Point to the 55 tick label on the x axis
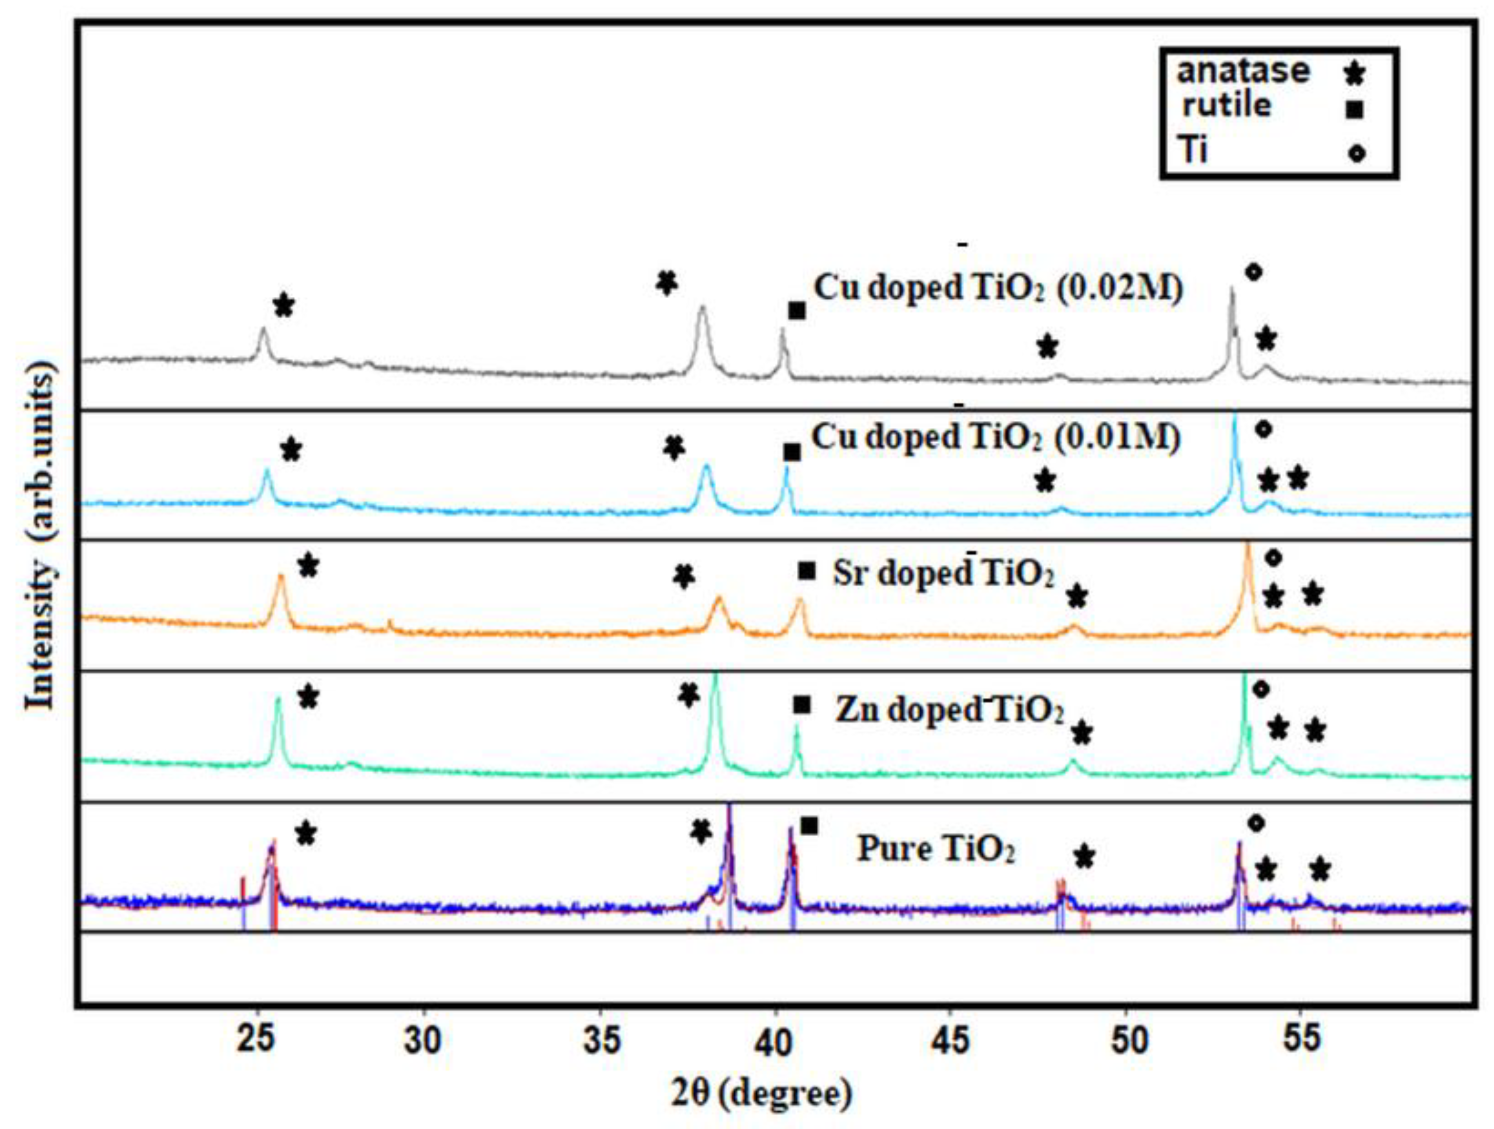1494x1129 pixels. coord(1301,1041)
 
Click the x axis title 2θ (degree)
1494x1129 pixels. coord(761,1094)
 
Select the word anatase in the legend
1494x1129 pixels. coord(1243,71)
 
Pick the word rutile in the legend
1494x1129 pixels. coord(1227,106)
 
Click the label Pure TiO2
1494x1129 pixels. coord(936,849)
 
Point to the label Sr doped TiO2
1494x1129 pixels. coord(944,575)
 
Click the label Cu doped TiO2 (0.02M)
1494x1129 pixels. coord(998,288)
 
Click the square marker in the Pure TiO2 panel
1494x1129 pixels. coord(809,825)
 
